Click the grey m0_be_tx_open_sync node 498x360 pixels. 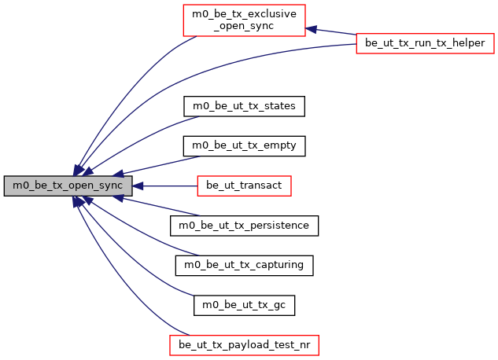[x=67, y=186]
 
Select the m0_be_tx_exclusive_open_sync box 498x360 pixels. [x=244, y=20]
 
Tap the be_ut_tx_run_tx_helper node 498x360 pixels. [x=425, y=42]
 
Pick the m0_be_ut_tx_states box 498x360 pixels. [x=244, y=106]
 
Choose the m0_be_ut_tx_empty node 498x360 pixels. [x=244, y=146]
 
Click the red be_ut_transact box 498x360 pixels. [x=244, y=186]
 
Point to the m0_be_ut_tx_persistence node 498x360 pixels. [x=244, y=226]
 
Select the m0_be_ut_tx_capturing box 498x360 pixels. [x=244, y=266]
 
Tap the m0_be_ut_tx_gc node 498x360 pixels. [x=244, y=305]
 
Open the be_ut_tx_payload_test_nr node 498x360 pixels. [x=244, y=345]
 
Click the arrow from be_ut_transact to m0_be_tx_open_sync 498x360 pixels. [x=165, y=186]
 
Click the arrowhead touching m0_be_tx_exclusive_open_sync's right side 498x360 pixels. [x=312, y=29]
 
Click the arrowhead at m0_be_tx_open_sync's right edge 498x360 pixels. [x=137, y=186]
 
